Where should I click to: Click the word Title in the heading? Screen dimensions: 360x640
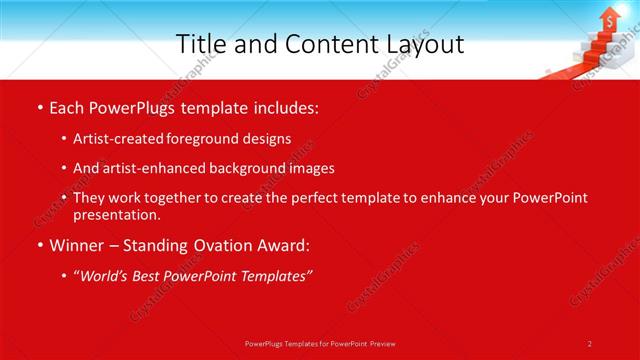pos(200,44)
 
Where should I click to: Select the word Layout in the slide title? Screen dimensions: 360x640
pos(424,44)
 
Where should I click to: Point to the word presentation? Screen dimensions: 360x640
pos(116,214)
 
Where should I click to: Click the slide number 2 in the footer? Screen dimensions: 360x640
pos(589,343)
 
